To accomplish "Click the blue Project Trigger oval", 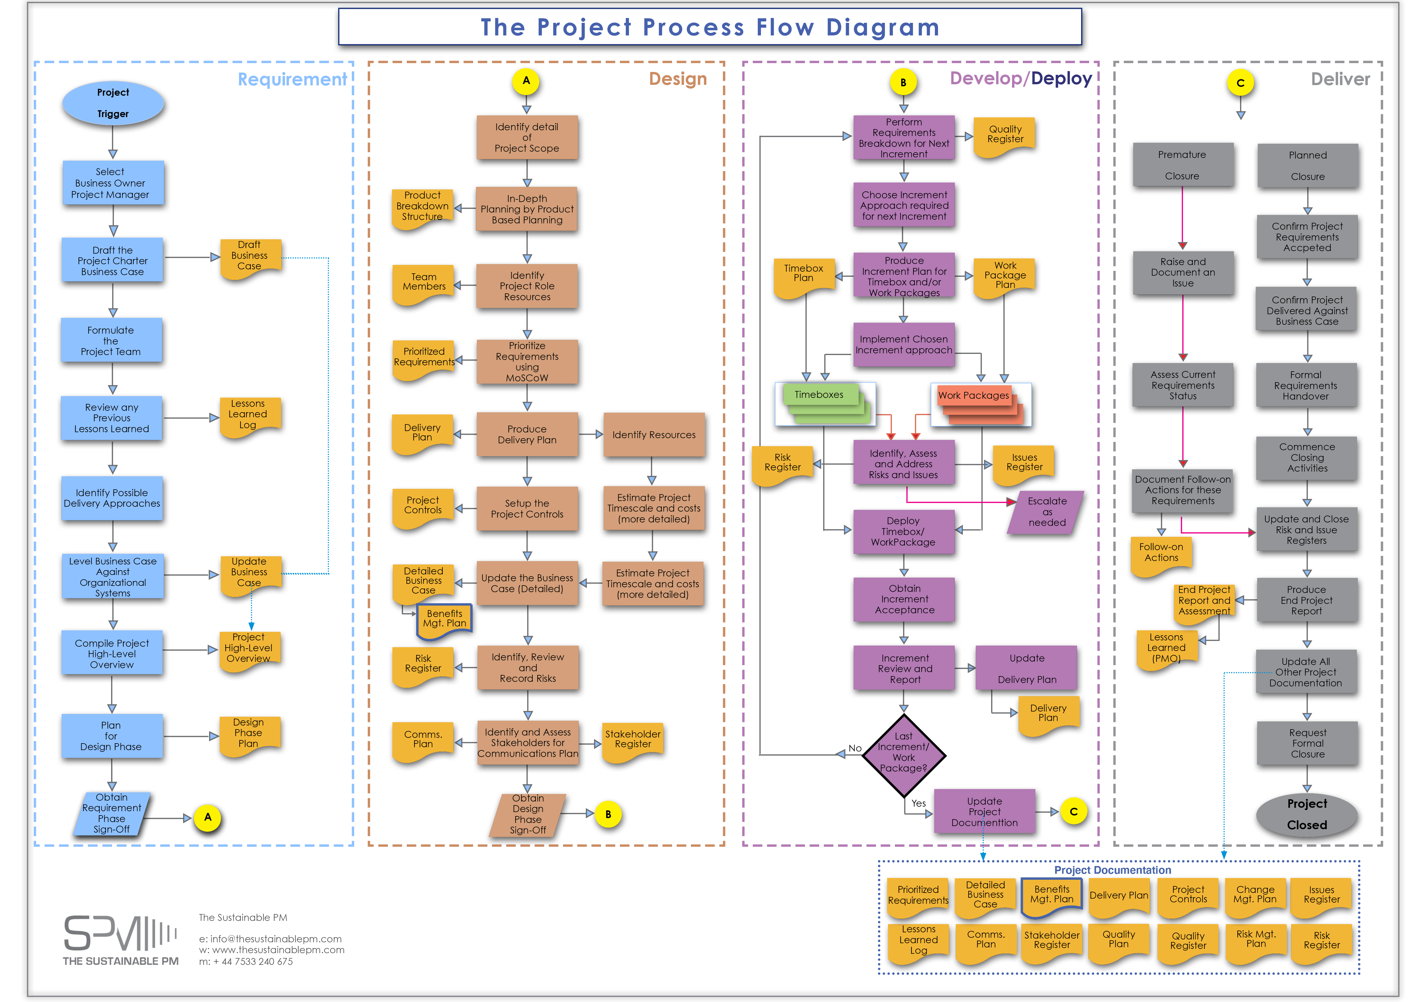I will click(x=113, y=103).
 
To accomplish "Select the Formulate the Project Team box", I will click(x=111, y=340).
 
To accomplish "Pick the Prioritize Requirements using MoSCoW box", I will click(x=527, y=362).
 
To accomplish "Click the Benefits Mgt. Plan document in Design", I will click(x=444, y=618).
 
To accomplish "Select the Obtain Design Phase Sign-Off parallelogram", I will click(x=528, y=814).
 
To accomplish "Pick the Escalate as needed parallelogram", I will click(x=1047, y=512).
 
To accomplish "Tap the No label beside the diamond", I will click(x=855, y=748).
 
